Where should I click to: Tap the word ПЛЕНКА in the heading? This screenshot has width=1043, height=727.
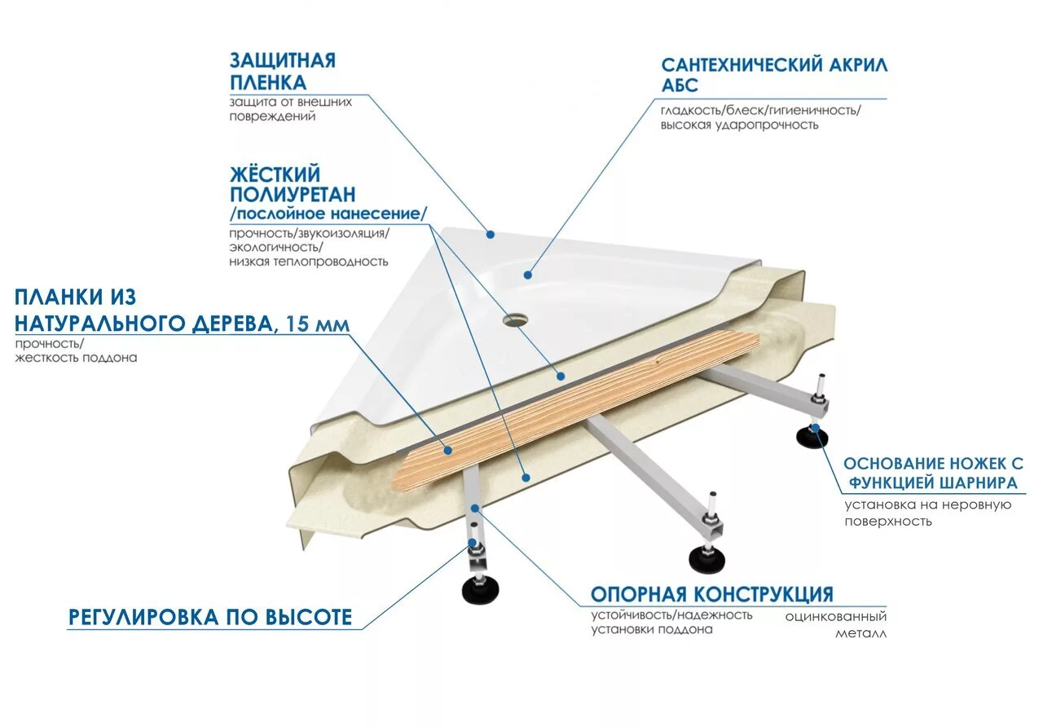[x=268, y=83]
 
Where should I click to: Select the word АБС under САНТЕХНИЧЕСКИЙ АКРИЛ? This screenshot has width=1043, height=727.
[x=680, y=86]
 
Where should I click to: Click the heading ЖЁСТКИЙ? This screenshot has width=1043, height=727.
[x=275, y=174]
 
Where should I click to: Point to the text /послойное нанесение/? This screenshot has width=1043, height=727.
[x=328, y=214]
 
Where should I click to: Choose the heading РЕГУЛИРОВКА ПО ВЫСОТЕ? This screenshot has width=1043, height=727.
[x=210, y=617]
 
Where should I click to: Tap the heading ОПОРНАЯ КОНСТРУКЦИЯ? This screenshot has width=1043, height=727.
[x=711, y=593]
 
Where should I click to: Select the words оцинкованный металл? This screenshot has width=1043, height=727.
[x=836, y=625]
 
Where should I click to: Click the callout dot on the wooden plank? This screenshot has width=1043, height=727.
[x=447, y=449]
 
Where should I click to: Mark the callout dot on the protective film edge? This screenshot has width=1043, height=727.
[x=491, y=235]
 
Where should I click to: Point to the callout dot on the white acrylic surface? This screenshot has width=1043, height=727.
[x=528, y=275]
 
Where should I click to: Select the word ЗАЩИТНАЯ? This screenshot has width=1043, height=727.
[x=282, y=60]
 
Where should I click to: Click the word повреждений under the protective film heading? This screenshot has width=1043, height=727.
[x=272, y=117]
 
